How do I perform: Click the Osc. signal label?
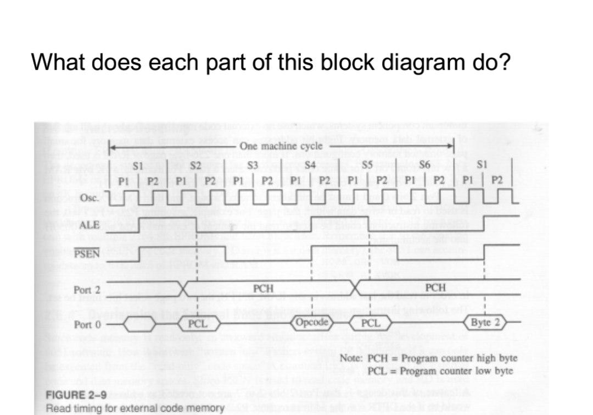89,198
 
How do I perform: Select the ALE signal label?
89,225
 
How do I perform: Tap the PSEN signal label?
88,253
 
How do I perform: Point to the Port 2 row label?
87,290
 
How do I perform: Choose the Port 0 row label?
87,324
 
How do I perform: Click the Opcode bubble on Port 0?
311,322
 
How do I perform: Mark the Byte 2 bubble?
484,322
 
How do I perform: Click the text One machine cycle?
281,146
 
